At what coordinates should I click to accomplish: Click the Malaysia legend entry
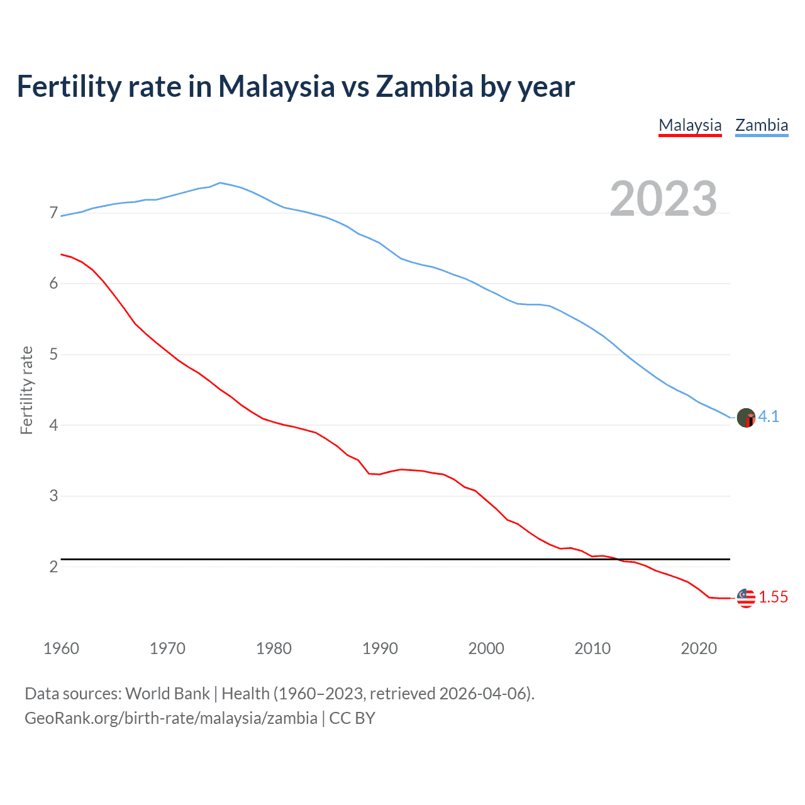[690, 125]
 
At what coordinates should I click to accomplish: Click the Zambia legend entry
[762, 125]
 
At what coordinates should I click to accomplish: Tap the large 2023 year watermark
[663, 199]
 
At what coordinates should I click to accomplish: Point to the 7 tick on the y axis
[53, 213]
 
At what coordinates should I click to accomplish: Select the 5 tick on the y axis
[53, 355]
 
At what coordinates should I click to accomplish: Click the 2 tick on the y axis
[53, 567]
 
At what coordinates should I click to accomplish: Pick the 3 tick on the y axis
[53, 496]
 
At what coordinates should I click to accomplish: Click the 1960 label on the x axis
[61, 648]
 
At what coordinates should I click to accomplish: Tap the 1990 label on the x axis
[380, 648]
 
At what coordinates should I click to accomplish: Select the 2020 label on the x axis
[699, 648]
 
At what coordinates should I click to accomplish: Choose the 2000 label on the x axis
[486, 648]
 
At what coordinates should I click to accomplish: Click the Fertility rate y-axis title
[26, 390]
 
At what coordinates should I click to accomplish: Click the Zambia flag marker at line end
[746, 418]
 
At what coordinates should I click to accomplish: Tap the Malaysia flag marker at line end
[746, 598]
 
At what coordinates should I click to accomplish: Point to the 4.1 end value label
[769, 417]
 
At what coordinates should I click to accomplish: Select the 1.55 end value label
[773, 597]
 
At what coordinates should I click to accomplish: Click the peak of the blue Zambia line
[219, 183]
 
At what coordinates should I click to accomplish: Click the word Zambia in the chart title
[424, 87]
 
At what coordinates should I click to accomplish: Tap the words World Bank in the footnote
[167, 694]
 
